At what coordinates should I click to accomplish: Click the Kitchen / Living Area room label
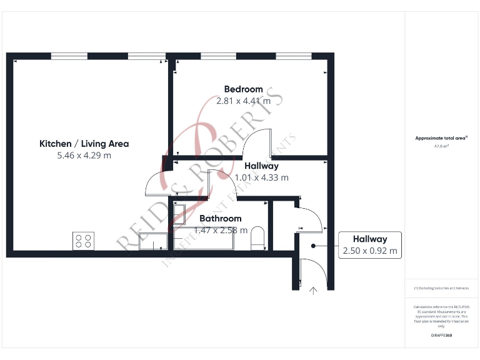click(x=84, y=144)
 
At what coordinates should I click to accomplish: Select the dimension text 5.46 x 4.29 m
click(x=84, y=156)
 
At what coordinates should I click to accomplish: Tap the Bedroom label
click(x=243, y=89)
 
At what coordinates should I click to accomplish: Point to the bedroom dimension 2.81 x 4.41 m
click(x=243, y=101)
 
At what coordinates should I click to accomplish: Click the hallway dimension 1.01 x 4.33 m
click(x=261, y=177)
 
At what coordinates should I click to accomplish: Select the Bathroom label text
click(x=220, y=219)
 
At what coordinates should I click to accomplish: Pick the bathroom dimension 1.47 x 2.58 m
click(x=220, y=230)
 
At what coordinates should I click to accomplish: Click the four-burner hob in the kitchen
click(x=84, y=241)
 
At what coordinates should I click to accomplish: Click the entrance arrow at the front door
click(x=312, y=289)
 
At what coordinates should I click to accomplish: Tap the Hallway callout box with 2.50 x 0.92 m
click(x=369, y=245)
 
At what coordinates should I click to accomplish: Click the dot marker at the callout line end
click(x=314, y=246)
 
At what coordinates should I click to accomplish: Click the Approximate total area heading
click(x=441, y=138)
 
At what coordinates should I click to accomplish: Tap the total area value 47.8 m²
click(x=441, y=146)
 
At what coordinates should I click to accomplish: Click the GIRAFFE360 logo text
click(x=441, y=336)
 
